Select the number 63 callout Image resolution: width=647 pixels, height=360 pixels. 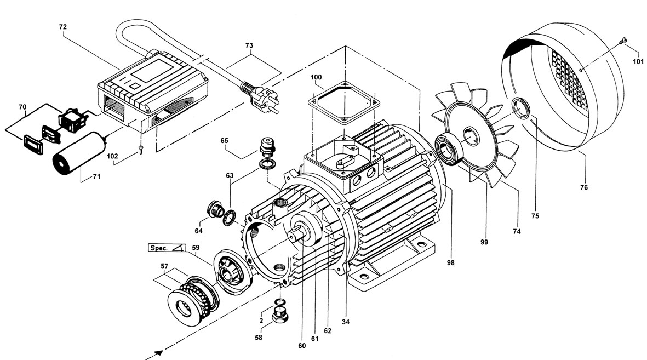coord(228,176)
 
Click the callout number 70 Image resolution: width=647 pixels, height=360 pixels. coord(22,106)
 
